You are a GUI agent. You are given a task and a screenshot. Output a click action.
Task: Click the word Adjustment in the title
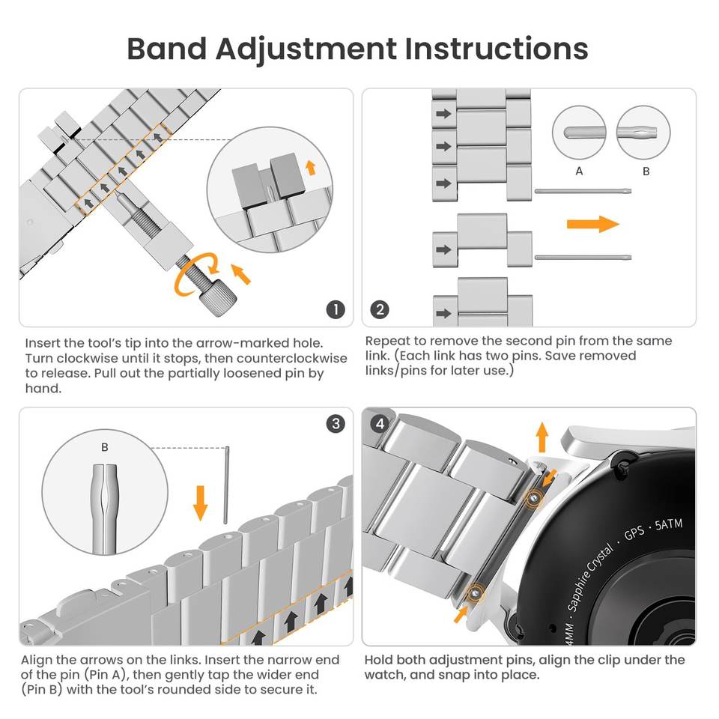coord(306,49)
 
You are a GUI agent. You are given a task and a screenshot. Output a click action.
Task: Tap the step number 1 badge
coord(336,309)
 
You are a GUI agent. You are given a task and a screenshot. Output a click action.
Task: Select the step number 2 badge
coord(380,309)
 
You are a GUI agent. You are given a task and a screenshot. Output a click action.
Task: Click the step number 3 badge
coord(336,424)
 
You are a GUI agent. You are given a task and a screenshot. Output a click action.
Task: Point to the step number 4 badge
coord(380,424)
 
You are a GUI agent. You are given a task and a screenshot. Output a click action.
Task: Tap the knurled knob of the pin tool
coord(219,297)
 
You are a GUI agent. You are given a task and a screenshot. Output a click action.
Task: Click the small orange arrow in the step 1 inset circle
coord(310,166)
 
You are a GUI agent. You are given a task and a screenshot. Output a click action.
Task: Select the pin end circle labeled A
coord(578,132)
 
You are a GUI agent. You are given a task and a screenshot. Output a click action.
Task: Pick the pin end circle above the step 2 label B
coord(643,132)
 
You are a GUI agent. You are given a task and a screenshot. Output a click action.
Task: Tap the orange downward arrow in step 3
coord(200,502)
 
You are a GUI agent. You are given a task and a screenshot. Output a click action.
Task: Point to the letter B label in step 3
coord(104,447)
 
